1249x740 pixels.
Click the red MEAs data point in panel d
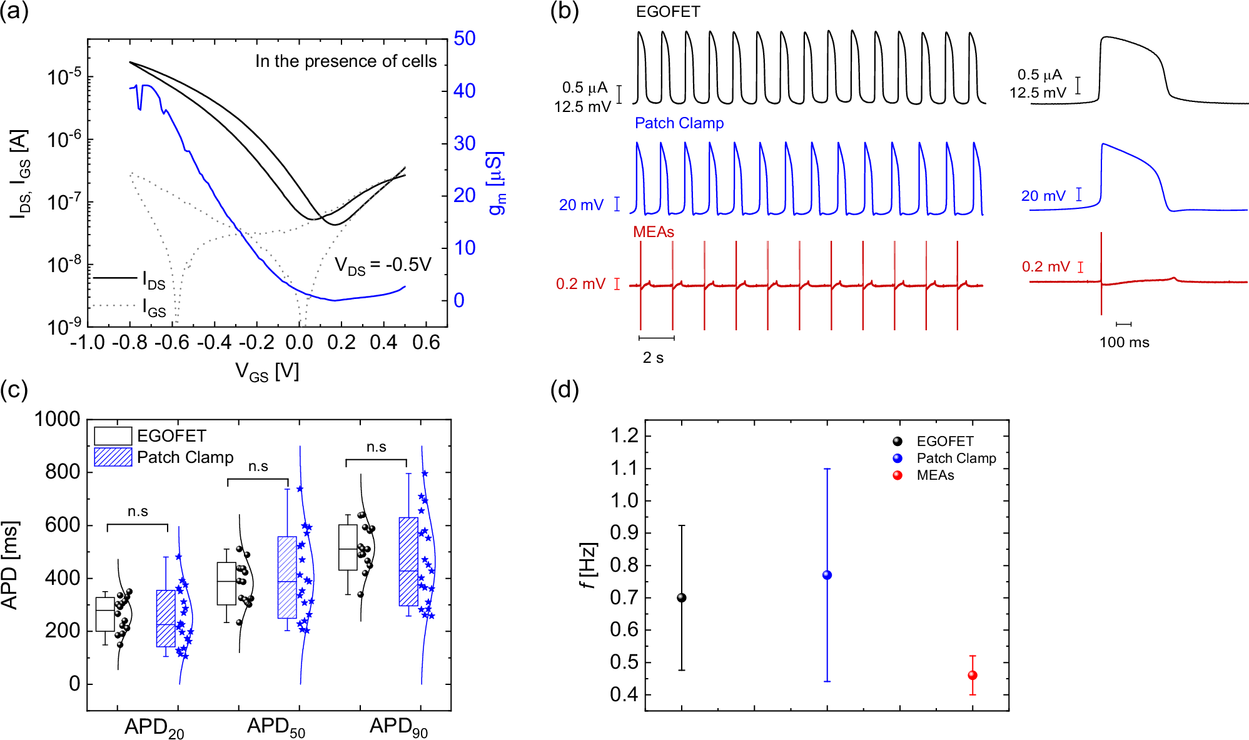point(972,675)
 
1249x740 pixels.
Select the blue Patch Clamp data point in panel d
point(827,575)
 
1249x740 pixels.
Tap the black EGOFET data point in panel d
point(682,597)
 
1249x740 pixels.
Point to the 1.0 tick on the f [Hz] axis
point(624,500)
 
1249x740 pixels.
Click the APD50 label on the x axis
point(276,727)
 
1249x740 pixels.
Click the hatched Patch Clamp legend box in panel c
point(113,457)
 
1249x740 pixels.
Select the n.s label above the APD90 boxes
point(376,447)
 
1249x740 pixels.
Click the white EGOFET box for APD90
point(348,547)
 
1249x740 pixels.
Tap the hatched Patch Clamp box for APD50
point(287,577)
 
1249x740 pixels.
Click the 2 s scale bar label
point(653,358)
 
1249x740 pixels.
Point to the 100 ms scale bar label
point(1124,342)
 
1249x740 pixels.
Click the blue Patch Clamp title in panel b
point(679,123)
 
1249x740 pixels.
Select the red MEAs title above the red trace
point(653,232)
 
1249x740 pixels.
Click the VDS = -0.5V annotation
point(383,265)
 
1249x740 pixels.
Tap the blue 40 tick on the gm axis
point(465,91)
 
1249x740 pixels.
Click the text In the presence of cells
point(346,61)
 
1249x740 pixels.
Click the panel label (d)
point(564,390)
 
